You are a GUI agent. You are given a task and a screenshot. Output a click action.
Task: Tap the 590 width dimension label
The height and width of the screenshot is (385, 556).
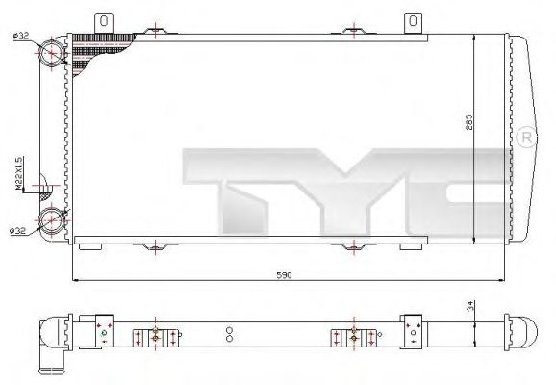coord(284,274)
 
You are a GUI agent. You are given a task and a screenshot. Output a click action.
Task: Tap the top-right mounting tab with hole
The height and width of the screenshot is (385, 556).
coord(414,20)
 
